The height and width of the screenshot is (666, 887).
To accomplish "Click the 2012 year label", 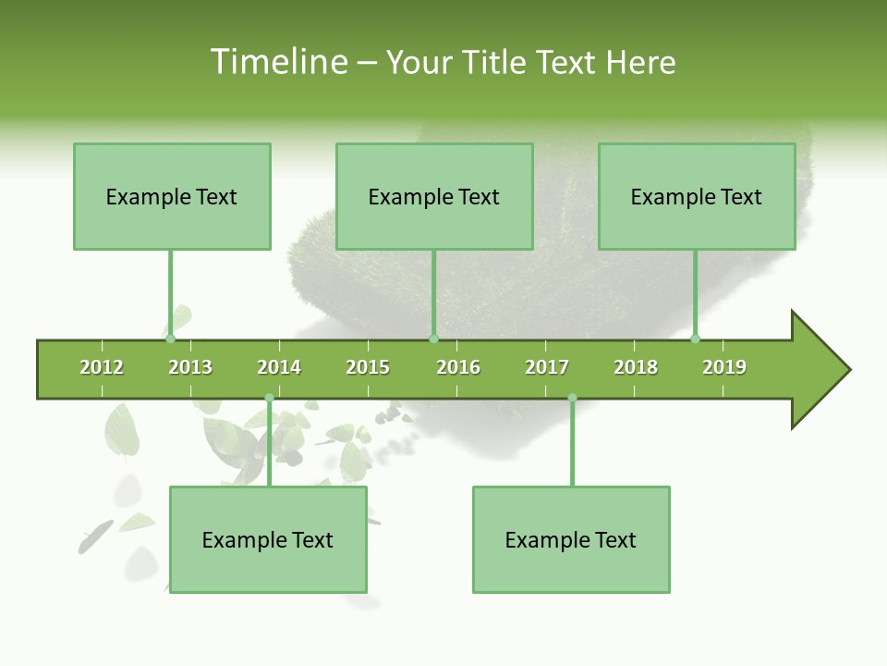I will tap(102, 367).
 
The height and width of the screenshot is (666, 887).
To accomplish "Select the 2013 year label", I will tap(190, 367).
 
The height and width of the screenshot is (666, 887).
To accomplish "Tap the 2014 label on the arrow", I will tap(279, 367).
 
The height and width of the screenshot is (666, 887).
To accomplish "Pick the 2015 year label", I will tap(368, 367).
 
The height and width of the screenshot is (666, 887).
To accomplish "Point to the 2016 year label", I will tap(458, 367).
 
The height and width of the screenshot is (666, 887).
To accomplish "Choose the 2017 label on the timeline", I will tap(547, 367).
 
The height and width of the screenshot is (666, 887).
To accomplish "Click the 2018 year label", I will tap(636, 367).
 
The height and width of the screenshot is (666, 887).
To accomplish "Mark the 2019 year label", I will tap(724, 367).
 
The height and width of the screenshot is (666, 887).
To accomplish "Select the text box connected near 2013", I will tap(172, 196).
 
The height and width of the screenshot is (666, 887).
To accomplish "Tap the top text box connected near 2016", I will tap(434, 196).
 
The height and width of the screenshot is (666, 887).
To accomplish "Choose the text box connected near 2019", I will tap(697, 196).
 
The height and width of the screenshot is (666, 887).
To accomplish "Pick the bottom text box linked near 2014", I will tap(268, 539).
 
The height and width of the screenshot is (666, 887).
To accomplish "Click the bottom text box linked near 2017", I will tap(571, 539).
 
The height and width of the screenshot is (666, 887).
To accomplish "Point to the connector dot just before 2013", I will tap(171, 339).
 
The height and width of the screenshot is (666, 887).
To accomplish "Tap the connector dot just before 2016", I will tap(433, 339).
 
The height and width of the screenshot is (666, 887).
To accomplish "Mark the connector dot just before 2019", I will tap(695, 339).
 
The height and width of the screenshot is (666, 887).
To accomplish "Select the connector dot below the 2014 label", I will tap(269, 398).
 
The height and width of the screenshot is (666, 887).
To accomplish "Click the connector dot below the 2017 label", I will tap(572, 398).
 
